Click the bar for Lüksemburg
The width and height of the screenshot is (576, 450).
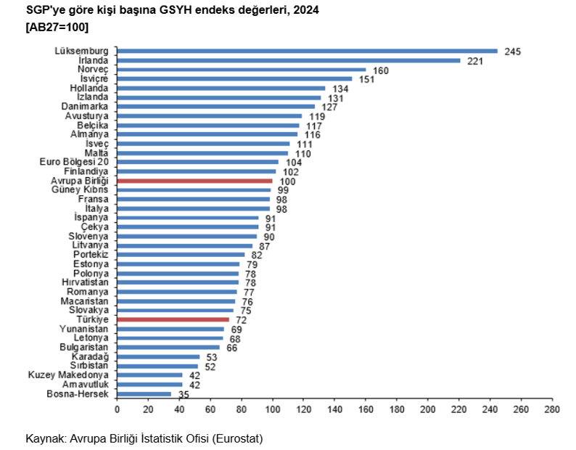tap(307, 51)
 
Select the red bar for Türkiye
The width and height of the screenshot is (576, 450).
tap(173, 319)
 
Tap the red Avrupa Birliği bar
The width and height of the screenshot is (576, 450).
tap(194, 181)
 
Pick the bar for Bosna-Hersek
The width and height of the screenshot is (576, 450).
tap(144, 394)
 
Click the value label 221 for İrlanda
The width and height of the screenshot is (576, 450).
tap(475, 61)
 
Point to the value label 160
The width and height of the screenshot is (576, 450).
tap(382, 70)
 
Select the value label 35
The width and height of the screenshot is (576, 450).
tap(184, 394)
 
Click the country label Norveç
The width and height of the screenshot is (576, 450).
tap(93, 70)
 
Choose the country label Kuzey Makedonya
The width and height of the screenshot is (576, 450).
tap(69, 375)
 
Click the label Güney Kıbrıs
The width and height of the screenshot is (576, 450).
tap(80, 189)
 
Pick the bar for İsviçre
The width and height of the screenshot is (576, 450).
tap(234, 79)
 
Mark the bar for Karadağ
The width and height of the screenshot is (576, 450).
tap(158, 356)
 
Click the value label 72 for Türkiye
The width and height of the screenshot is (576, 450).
tap(242, 320)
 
